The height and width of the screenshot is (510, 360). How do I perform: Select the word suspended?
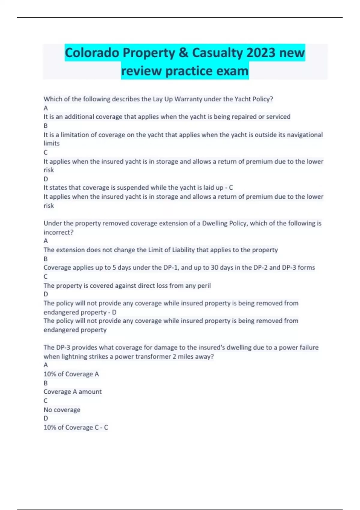point(132,187)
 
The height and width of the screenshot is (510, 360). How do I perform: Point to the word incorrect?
point(58,232)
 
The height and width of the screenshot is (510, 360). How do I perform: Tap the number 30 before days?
point(214,267)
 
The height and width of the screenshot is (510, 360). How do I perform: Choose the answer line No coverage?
point(62,409)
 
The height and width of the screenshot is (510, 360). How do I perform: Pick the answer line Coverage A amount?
point(73,391)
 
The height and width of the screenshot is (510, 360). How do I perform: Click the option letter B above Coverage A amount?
point(46,383)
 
